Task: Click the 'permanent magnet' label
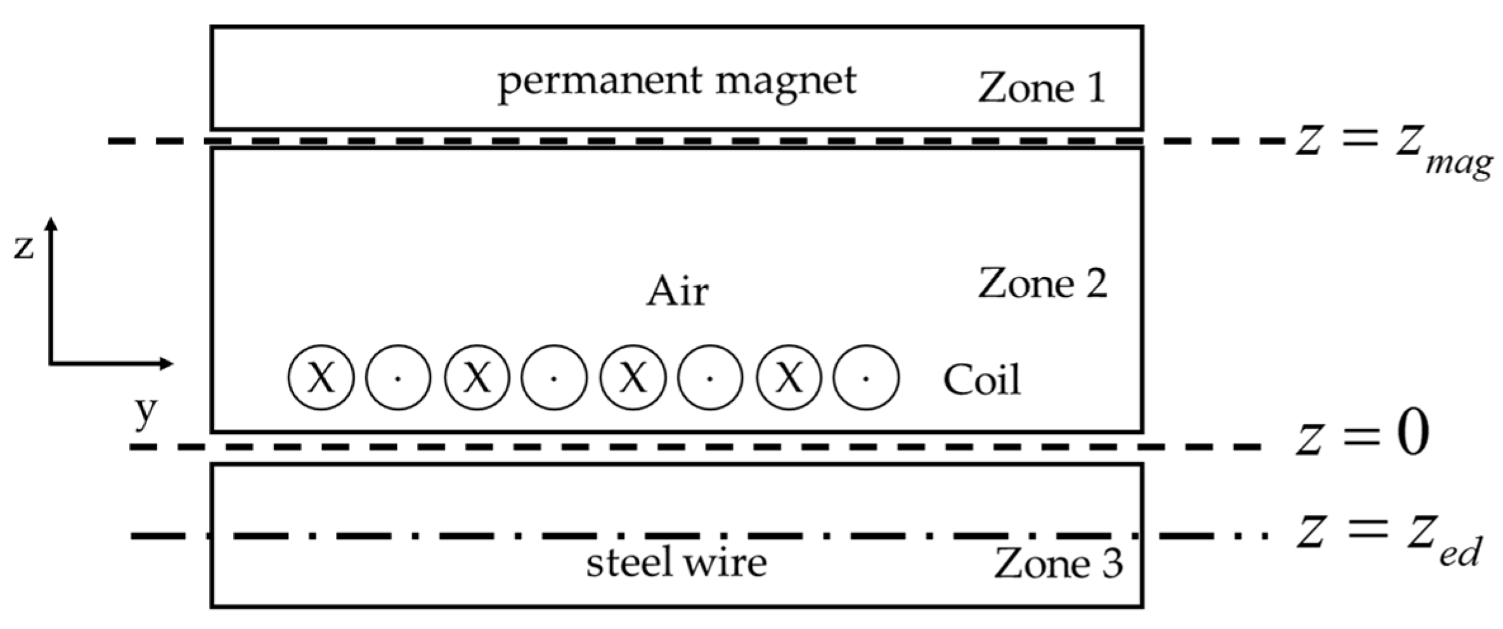(x=676, y=83)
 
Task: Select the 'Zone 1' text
(x=1042, y=87)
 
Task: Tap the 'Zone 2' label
(x=1043, y=283)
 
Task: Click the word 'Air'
(x=677, y=293)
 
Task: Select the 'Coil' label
(x=982, y=380)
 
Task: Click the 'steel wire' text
(x=676, y=562)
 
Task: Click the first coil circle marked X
(x=321, y=378)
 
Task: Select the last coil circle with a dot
(x=866, y=378)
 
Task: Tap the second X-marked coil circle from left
(x=477, y=378)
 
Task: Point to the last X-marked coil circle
(x=789, y=378)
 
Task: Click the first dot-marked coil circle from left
(x=398, y=378)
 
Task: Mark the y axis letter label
(x=146, y=412)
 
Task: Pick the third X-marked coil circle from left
(x=633, y=378)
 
